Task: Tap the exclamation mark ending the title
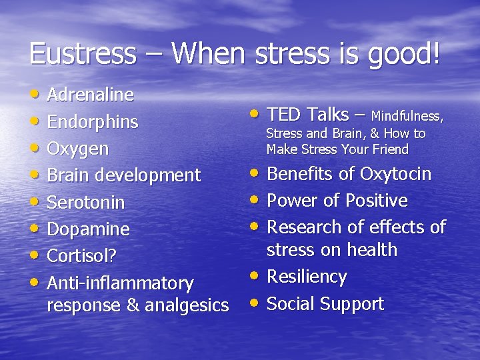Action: click(436, 53)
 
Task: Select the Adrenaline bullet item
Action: click(91, 95)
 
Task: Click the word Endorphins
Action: click(93, 122)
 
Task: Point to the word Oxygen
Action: click(78, 149)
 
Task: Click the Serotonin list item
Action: click(86, 202)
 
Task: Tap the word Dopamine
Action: click(89, 229)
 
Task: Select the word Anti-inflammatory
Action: click(120, 283)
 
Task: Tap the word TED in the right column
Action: click(283, 115)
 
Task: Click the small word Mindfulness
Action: click(407, 117)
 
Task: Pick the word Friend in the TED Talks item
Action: click(390, 149)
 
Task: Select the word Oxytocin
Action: click(395, 175)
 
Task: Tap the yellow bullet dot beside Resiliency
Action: click(255, 276)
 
